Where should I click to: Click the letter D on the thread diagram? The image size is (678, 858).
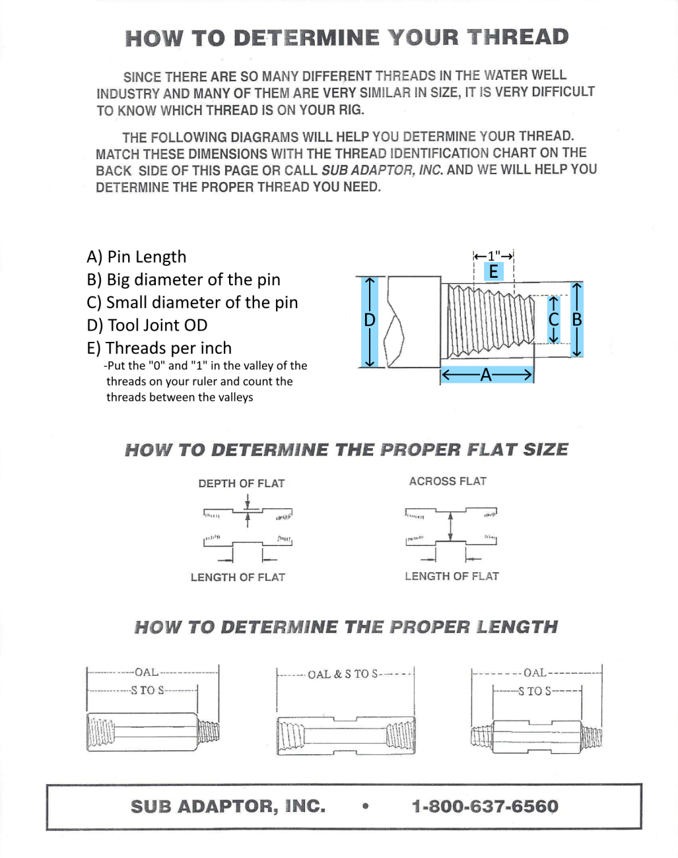click(370, 320)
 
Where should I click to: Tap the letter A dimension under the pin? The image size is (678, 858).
click(487, 376)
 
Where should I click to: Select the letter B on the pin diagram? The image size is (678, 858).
click(577, 319)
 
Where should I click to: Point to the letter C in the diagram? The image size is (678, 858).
click(554, 319)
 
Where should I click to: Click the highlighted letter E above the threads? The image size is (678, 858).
click(493, 271)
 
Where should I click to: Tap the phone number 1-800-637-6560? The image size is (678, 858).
click(485, 806)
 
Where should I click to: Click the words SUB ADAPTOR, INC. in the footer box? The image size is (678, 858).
click(228, 806)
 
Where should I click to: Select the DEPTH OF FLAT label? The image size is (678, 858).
click(241, 483)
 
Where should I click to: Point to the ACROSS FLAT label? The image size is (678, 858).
click(448, 481)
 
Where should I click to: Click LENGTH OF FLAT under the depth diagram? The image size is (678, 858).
click(238, 577)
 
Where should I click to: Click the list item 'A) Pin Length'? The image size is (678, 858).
click(137, 257)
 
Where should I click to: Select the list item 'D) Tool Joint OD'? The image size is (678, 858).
click(147, 325)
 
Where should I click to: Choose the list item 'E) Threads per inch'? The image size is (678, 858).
click(159, 348)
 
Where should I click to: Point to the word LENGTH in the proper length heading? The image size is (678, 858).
click(517, 627)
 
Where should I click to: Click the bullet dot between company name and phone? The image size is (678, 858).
click(365, 806)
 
